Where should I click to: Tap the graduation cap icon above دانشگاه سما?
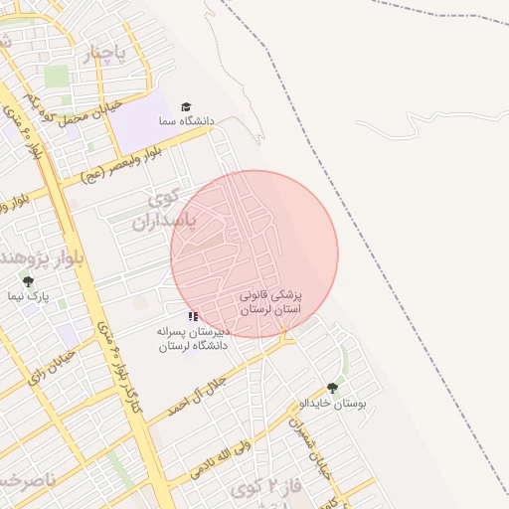[185, 106]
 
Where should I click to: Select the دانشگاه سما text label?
[185, 121]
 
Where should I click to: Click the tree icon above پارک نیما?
[28, 282]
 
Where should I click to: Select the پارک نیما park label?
[28, 297]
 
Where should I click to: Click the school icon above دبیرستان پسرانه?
[193, 316]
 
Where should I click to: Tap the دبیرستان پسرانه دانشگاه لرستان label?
[193, 338]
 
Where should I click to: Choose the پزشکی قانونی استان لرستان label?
[270, 303]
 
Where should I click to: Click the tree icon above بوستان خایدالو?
[332, 389]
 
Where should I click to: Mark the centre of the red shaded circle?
[254, 254]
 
